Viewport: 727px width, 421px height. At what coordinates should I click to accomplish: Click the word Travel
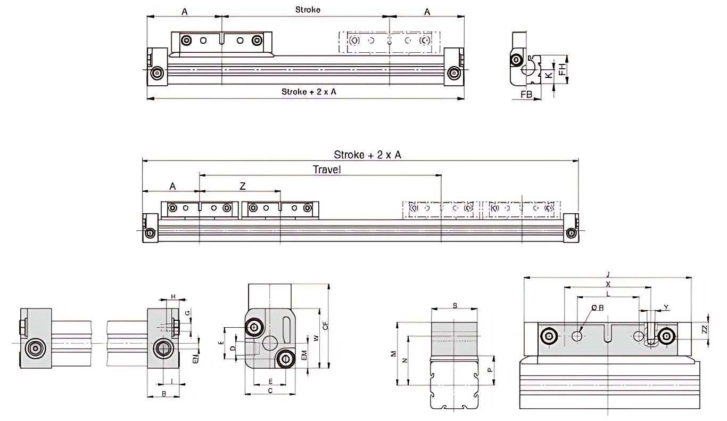coord(327,169)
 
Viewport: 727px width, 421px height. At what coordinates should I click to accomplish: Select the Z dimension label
coord(243,186)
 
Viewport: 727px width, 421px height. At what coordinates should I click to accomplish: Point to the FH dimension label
coord(562,69)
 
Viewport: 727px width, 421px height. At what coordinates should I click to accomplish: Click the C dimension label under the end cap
coord(270,391)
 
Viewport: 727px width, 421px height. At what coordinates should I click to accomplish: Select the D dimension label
coord(233,348)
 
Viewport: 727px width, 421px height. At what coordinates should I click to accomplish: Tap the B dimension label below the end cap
coord(164,394)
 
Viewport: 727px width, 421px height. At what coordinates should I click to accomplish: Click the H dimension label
coord(172,296)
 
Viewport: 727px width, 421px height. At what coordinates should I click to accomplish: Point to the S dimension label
coord(455,305)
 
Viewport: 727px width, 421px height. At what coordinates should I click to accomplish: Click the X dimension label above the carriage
coord(608,284)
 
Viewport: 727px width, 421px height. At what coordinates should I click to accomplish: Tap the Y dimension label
coord(666,307)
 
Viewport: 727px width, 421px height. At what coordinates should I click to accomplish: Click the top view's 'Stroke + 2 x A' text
coord(309,92)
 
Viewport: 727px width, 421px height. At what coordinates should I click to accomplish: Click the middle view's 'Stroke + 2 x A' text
coord(367,155)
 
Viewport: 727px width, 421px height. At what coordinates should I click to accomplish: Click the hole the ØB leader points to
coord(577,336)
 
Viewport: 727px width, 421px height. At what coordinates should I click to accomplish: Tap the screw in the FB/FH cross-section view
coord(516,60)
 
